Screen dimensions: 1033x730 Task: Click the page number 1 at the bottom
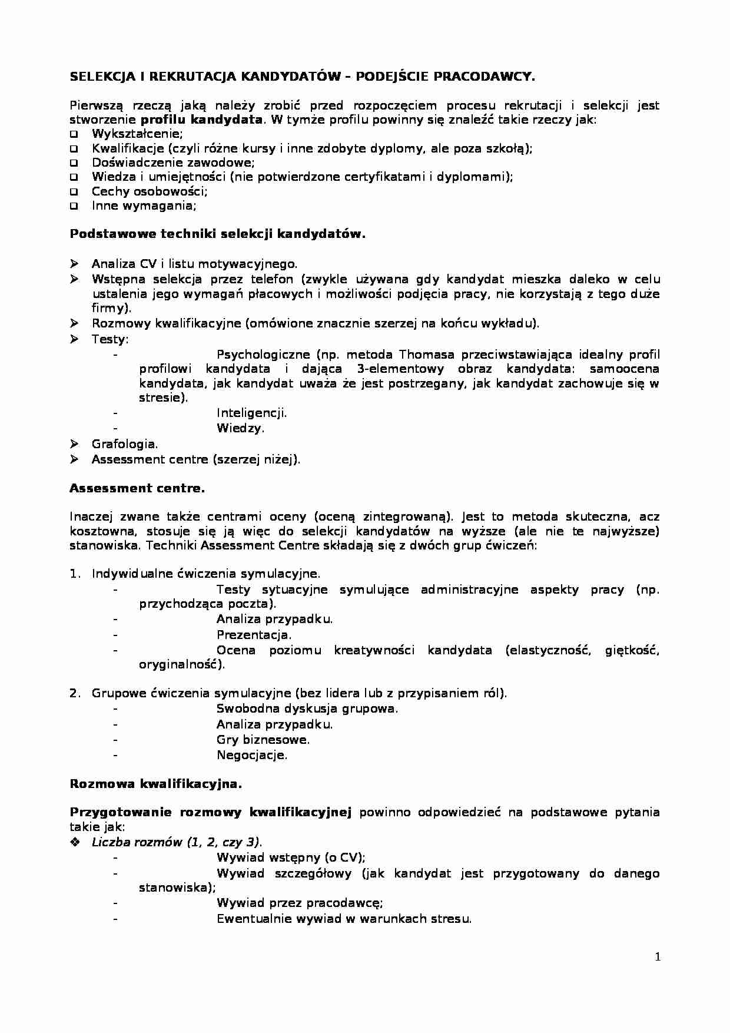click(658, 957)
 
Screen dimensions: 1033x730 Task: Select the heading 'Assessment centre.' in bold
click(137, 488)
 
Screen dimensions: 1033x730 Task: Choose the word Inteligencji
click(251, 413)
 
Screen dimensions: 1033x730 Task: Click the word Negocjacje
click(251, 755)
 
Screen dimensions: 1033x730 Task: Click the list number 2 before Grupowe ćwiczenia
click(74, 693)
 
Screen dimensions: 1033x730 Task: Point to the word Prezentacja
click(254, 635)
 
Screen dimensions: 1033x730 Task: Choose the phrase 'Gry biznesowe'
click(263, 740)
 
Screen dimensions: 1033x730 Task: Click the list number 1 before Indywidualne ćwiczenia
click(74, 574)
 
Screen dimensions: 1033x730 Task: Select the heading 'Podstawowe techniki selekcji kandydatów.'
click(218, 234)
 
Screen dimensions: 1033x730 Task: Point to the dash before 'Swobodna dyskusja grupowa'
click(115, 708)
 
